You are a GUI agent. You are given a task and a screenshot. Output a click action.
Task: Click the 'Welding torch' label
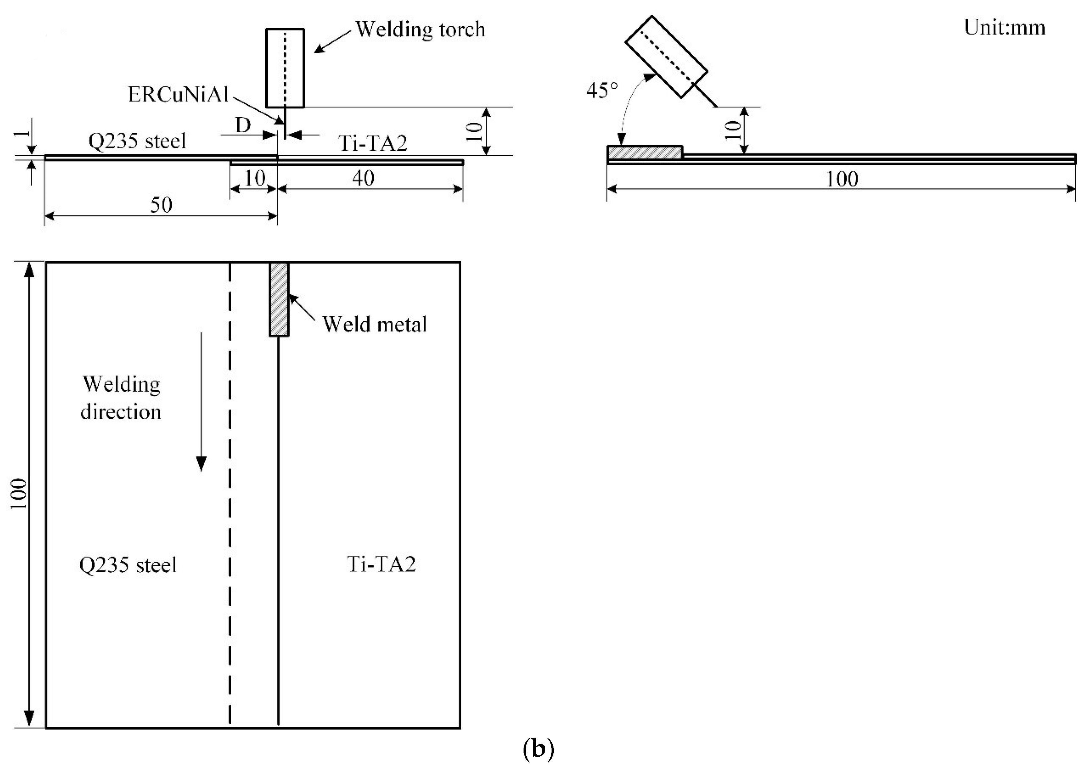[x=420, y=30]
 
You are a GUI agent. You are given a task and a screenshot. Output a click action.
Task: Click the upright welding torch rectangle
[x=285, y=68]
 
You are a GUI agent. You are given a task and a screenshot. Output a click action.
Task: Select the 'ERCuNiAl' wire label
[x=178, y=95]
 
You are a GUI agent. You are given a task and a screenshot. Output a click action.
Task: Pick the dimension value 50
[x=161, y=205]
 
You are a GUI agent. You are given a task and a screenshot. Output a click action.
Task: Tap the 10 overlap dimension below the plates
[x=255, y=178]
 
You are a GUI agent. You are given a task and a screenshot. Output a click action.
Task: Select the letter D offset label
[x=243, y=125]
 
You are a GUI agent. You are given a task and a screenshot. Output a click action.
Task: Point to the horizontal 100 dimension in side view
[x=842, y=179]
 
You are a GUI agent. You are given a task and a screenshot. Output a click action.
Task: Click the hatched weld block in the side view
[x=644, y=153]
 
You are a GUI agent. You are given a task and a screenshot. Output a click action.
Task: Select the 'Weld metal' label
[x=374, y=324]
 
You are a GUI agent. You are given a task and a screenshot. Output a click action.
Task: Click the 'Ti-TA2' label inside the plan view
[x=381, y=565]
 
